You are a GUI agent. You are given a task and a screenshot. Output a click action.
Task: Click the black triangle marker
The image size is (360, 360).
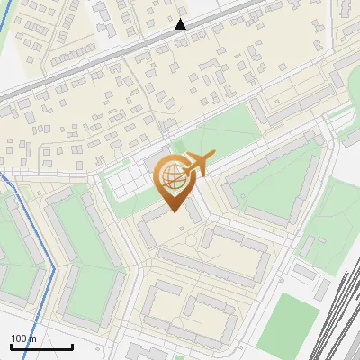[x=181, y=24]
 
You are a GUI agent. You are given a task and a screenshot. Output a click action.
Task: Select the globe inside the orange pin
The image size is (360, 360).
[x=171, y=177]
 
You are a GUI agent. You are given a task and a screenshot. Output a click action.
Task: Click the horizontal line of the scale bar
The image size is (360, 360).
[x=41, y=346]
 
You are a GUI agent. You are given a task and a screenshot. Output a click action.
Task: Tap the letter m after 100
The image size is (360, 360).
[x=33, y=338]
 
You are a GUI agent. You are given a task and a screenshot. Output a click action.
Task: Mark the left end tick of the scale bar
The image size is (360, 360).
[x=11, y=345]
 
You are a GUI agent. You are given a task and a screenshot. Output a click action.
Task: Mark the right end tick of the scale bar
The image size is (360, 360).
[x=72, y=345]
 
